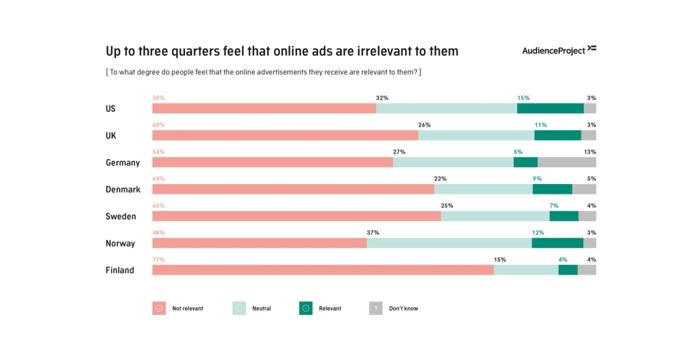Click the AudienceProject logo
point(559,50)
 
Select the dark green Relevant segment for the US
point(550,108)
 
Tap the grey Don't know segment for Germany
point(567,162)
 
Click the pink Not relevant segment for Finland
point(323,270)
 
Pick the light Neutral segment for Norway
point(449,243)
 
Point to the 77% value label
point(159,259)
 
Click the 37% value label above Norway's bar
point(373,232)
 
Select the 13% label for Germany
point(589,152)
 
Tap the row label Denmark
point(123,189)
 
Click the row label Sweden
point(121,216)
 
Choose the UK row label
point(111,135)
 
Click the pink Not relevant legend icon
point(159,308)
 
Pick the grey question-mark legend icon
point(376,308)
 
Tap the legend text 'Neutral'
point(261,308)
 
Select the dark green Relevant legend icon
point(306,308)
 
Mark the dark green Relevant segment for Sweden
point(564,216)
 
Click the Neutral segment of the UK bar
point(476,135)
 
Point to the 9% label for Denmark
point(537,178)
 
